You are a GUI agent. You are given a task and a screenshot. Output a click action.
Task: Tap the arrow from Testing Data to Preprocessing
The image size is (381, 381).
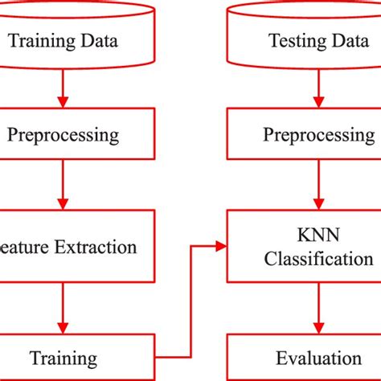tap(320, 88)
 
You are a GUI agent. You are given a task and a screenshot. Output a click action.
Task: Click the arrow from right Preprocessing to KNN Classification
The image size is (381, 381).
tap(320, 184)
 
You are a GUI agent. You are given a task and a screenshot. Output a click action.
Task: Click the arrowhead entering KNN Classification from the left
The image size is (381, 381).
tap(220, 246)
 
